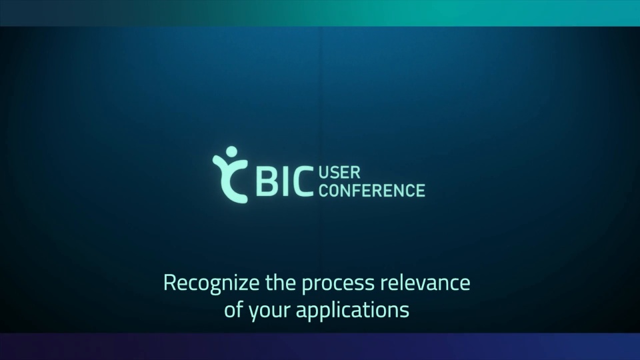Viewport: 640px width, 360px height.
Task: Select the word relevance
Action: pos(425,283)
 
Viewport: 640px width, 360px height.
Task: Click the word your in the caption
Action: pos(269,312)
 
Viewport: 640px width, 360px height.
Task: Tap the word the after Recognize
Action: pos(281,283)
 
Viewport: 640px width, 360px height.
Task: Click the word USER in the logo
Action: pos(339,173)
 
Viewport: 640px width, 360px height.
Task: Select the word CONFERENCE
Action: pos(372,190)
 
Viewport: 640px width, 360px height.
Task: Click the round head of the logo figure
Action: pos(231,151)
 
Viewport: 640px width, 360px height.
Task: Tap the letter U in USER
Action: pos(324,173)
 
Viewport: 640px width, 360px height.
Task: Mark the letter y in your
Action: pos(255,313)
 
